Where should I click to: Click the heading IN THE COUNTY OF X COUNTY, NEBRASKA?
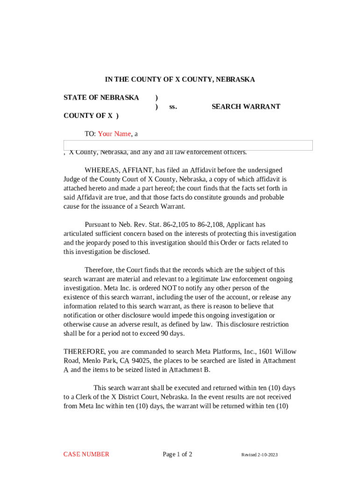coord(180,80)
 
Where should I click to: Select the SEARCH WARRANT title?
coord(246,107)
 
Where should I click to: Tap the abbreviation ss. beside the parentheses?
coord(173,107)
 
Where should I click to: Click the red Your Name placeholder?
coord(115,134)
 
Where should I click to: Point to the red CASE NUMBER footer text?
coord(86,454)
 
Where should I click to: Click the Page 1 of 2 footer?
coord(177,454)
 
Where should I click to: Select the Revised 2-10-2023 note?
coord(259,455)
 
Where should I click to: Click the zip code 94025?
coord(141,361)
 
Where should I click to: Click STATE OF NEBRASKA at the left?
coord(101,98)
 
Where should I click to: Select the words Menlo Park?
coord(99,361)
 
